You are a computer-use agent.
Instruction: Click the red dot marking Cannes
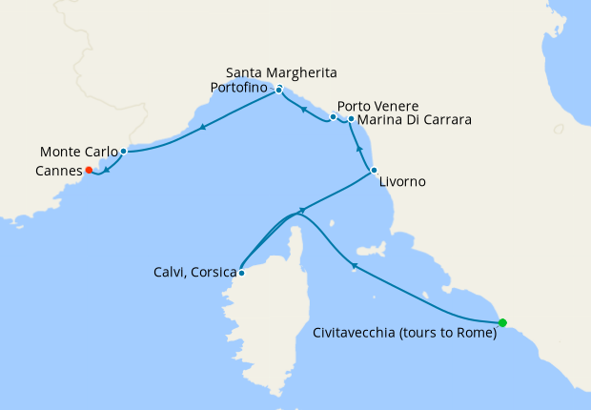pyautogui.click(x=89, y=171)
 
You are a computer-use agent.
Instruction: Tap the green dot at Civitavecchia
pyautogui.click(x=502, y=322)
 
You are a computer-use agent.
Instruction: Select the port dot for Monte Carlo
pyautogui.click(x=124, y=152)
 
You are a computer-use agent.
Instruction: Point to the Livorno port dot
pyautogui.click(x=374, y=171)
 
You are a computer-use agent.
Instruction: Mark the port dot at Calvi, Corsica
pyautogui.click(x=242, y=273)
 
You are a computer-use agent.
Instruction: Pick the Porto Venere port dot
pyautogui.click(x=333, y=117)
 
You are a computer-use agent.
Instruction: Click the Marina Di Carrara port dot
pyautogui.click(x=351, y=119)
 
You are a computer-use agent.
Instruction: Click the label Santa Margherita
pyautogui.click(x=281, y=72)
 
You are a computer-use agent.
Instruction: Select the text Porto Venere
pyautogui.click(x=378, y=106)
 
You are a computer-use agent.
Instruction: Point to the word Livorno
pyautogui.click(x=402, y=181)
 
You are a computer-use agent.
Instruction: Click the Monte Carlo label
pyautogui.click(x=79, y=152)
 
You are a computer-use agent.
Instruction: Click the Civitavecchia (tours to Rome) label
pyautogui.click(x=405, y=334)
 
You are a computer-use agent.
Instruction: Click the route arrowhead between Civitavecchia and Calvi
pyautogui.click(x=354, y=266)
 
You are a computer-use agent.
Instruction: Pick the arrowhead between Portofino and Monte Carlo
pyautogui.click(x=202, y=130)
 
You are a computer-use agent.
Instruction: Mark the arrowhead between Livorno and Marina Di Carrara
pyautogui.click(x=359, y=151)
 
